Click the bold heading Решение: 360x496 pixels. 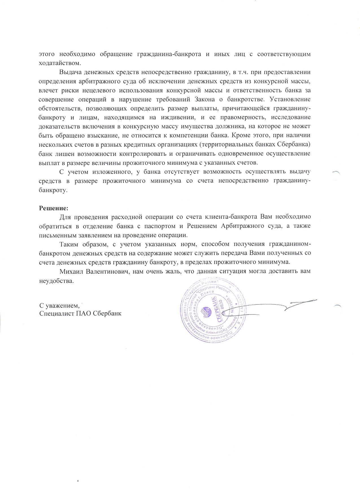click(53, 208)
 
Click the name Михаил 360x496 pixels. click(71, 272)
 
